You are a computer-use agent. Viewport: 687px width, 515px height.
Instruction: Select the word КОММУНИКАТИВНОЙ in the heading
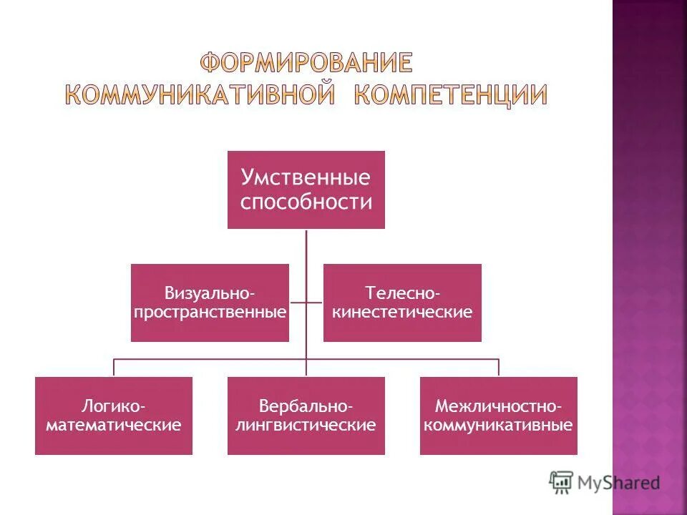(200, 96)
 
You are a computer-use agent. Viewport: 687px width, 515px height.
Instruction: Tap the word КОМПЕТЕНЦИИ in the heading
(452, 96)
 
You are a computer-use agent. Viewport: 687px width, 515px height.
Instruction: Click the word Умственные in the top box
(306, 177)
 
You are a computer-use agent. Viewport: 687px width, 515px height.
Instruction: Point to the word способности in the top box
(306, 202)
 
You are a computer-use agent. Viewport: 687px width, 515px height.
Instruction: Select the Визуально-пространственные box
(210, 303)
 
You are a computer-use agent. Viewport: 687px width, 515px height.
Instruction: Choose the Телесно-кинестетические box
(402, 303)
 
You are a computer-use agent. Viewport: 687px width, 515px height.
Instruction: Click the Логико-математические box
(113, 416)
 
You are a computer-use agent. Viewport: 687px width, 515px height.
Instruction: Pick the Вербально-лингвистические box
(306, 416)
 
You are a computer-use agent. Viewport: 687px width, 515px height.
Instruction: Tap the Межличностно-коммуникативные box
(498, 416)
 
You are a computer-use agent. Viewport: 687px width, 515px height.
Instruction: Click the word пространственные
(210, 313)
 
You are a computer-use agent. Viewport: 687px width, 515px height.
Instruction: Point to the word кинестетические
(402, 313)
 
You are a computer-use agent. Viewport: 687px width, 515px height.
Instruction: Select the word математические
(113, 426)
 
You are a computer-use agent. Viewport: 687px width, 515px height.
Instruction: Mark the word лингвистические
(306, 426)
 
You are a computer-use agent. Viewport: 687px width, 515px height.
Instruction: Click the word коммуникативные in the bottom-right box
(498, 426)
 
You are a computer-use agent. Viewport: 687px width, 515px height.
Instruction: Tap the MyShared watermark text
(619, 483)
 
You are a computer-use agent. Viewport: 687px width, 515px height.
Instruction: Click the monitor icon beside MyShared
(562, 482)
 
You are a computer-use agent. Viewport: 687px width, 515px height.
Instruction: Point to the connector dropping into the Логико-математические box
(113, 367)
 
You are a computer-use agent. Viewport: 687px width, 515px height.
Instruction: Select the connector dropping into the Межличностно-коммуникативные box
(498, 367)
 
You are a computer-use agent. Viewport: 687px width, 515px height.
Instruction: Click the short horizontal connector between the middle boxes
(306, 302)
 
